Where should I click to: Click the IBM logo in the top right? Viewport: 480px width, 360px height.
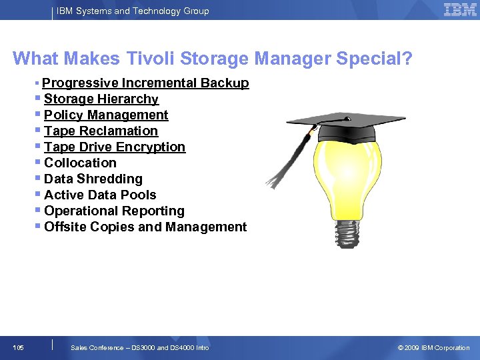coord(460,10)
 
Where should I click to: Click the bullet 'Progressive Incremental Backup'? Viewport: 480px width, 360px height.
coord(145,83)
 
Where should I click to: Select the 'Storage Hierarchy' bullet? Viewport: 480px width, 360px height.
coord(101,99)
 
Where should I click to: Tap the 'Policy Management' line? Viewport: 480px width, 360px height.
coord(106,115)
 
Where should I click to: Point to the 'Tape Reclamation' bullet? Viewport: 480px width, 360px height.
coord(101,131)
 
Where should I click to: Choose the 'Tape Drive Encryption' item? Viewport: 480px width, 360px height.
coord(114,147)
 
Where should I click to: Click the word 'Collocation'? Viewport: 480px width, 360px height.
coord(80,163)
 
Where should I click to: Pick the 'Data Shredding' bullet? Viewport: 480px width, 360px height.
coord(93,179)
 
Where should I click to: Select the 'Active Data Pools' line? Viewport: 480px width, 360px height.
coord(100,195)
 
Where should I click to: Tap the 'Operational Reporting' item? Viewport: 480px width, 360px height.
coord(114,211)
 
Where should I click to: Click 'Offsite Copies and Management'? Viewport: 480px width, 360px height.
coord(145,227)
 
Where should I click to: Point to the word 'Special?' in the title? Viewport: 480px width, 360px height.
coord(374,59)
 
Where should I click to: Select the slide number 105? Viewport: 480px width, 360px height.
coord(18,347)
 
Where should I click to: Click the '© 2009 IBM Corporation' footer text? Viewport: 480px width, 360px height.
coord(433,347)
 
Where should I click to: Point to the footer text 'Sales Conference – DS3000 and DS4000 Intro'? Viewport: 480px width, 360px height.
coord(139,347)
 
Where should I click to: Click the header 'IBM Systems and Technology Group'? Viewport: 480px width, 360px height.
coord(133,11)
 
